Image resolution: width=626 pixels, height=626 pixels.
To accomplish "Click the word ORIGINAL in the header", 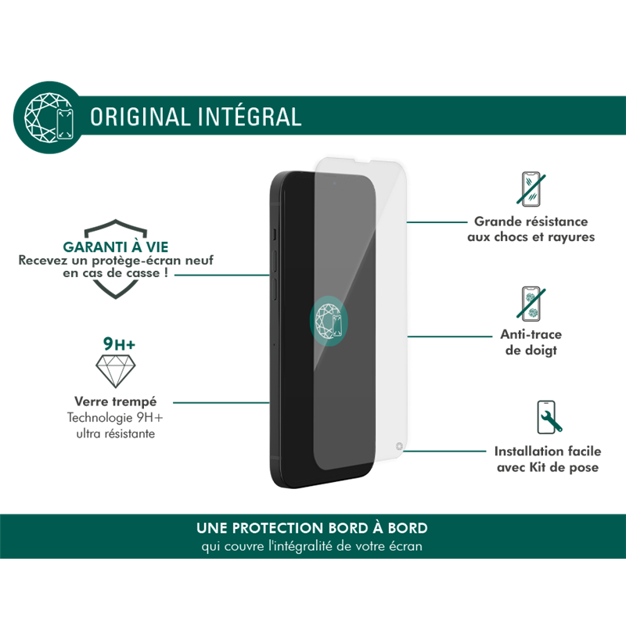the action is pos(140,117).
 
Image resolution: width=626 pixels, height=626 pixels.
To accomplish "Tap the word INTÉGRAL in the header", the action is pos(250,116).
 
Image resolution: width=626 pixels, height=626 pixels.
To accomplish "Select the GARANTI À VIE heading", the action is pos(116,246).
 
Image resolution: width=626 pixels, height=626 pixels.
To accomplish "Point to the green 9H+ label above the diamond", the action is pos(119,344).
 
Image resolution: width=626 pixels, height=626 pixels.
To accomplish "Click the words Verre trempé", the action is pos(115,401).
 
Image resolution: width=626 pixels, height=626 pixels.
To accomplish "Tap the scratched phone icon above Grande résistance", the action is pos(531,189).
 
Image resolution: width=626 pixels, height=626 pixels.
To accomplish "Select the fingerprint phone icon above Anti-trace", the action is pos(531,304).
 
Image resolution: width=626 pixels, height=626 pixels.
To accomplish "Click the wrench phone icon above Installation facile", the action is pos(549,418).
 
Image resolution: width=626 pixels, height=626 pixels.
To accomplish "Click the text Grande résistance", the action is pos(531,221).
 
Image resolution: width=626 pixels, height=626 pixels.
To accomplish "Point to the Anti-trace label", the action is pos(531,334).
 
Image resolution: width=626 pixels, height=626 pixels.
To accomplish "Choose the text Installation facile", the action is pos(548,452).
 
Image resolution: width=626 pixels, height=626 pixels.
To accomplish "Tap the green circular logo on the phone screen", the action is pos(329,321).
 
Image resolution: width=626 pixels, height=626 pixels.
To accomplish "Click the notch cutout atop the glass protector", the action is pos(362,160).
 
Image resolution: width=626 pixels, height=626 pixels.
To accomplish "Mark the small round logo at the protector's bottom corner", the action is pos(399,446).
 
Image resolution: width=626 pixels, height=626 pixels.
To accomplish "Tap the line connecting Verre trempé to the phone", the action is pos(221,402).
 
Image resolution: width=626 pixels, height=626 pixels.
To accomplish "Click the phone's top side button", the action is pos(275,234).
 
